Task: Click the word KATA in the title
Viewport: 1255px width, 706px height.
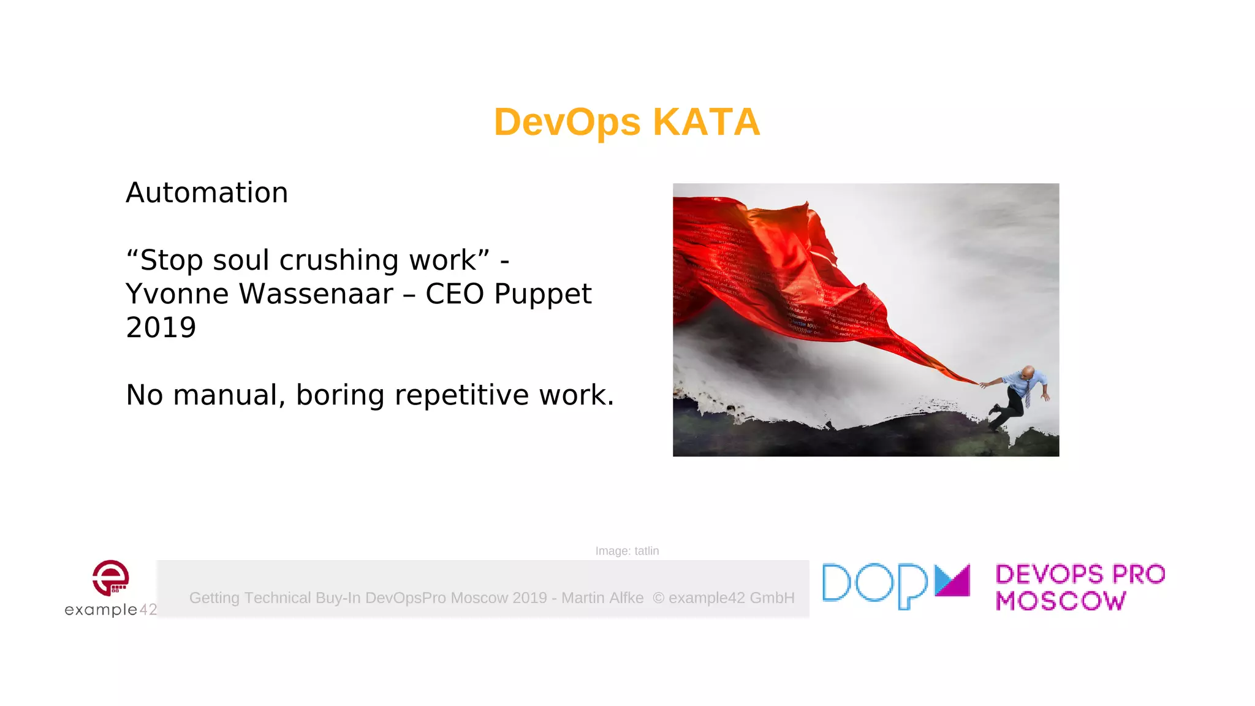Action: pyautogui.click(x=706, y=122)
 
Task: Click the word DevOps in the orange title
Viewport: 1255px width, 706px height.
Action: pyautogui.click(x=567, y=122)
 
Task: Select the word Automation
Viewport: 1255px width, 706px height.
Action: pyautogui.click(x=207, y=193)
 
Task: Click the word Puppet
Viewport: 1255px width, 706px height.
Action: pyautogui.click(x=542, y=294)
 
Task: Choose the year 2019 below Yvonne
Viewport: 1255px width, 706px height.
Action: pyautogui.click(x=161, y=328)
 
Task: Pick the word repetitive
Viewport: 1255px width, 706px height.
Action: pyautogui.click(x=461, y=395)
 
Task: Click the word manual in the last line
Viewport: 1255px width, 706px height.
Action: pyautogui.click(x=228, y=395)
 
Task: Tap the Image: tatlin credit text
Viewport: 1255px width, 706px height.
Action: pyautogui.click(x=627, y=551)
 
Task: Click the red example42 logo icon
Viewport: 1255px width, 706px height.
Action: pyautogui.click(x=110, y=577)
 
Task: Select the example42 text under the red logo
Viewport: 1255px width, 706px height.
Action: pyautogui.click(x=110, y=609)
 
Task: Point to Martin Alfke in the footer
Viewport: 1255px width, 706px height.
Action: pyautogui.click(x=602, y=598)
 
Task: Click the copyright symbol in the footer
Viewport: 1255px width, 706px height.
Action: pyautogui.click(x=658, y=598)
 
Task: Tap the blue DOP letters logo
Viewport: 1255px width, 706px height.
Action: pyautogui.click(x=874, y=585)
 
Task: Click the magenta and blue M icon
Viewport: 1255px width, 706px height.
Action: pyautogui.click(x=952, y=580)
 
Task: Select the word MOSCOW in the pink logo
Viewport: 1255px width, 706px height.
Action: pyautogui.click(x=1060, y=601)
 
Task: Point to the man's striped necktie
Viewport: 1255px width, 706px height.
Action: pyautogui.click(x=1027, y=395)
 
